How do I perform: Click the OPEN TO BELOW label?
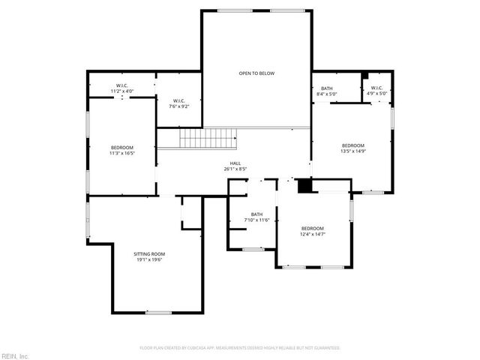pyautogui.click(x=256, y=73)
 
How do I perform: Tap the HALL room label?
pyautogui.click(x=235, y=163)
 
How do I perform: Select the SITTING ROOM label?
pyautogui.click(x=149, y=254)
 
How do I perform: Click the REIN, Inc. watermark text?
pyautogui.click(x=16, y=355)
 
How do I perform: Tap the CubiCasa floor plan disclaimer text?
pyautogui.click(x=240, y=348)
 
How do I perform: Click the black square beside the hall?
pyautogui.click(x=304, y=186)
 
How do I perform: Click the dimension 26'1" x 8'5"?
pyautogui.click(x=235, y=169)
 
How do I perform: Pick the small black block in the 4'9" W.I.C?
pyautogui.click(x=364, y=76)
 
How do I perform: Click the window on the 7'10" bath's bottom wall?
pyautogui.click(x=253, y=249)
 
